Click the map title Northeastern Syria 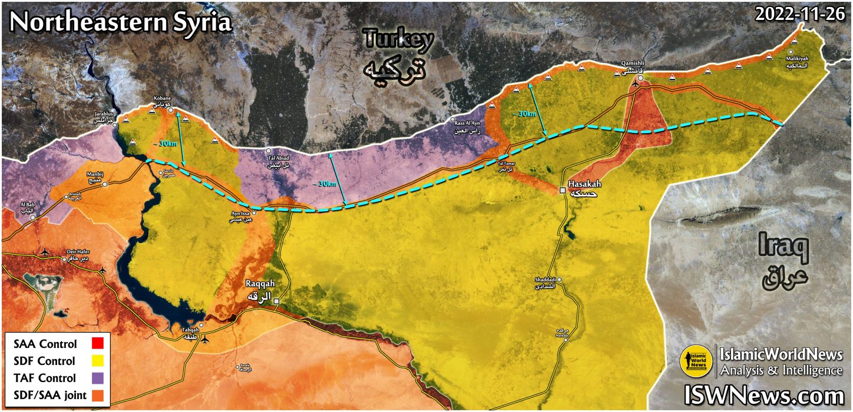120,22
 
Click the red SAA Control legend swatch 99,344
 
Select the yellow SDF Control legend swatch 99,360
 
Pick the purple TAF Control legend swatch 99,377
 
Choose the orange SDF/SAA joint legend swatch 99,394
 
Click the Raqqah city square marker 276,301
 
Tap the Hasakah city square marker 563,190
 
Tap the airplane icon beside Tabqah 204,340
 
